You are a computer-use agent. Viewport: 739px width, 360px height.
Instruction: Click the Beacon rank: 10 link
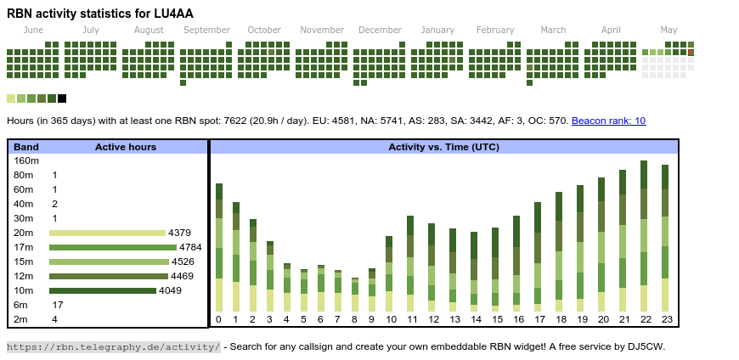(608, 121)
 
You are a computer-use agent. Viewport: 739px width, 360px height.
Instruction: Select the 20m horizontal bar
(107, 233)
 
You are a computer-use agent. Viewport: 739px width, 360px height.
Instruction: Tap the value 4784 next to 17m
(189, 247)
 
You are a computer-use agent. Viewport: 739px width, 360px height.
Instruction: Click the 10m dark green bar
(103, 290)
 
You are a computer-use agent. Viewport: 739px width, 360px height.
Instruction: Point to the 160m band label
(26, 160)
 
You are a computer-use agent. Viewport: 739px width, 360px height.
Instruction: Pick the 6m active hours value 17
(58, 305)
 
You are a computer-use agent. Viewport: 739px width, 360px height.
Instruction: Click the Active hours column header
(126, 147)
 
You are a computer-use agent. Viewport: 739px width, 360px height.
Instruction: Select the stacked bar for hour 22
(645, 236)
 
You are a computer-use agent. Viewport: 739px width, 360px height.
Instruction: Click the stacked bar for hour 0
(219, 247)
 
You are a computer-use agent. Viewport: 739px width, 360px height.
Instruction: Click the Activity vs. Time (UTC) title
(443, 147)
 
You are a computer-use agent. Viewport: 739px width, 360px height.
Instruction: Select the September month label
(206, 31)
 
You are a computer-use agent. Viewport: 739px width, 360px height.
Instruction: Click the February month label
(495, 31)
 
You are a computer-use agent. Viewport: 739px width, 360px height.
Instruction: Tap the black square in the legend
(62, 98)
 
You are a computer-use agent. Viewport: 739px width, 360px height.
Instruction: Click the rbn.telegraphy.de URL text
(113, 346)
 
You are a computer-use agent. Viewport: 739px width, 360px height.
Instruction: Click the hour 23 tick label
(666, 319)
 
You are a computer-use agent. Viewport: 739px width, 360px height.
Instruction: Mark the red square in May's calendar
(691, 53)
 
